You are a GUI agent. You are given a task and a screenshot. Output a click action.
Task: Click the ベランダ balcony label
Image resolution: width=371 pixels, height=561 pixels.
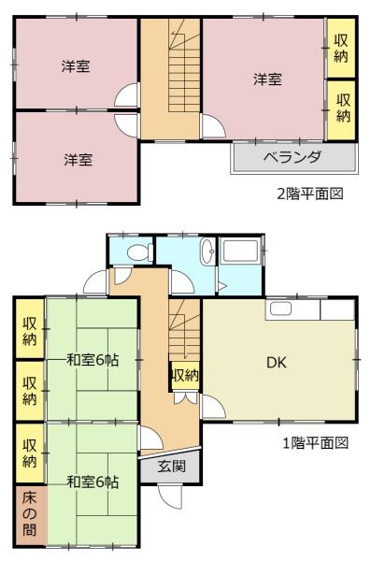click(x=292, y=157)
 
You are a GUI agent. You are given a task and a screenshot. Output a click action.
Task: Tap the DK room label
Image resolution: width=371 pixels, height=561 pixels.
click(x=277, y=363)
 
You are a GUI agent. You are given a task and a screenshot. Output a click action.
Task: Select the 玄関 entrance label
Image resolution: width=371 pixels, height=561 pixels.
click(x=172, y=466)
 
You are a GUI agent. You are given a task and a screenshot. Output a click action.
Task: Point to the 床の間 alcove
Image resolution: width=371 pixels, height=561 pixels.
click(x=30, y=513)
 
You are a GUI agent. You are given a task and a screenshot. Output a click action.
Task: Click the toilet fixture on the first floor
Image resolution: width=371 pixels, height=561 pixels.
click(x=140, y=252)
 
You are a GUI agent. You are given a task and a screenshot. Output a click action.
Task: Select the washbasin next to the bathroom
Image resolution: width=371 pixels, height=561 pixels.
click(x=207, y=252)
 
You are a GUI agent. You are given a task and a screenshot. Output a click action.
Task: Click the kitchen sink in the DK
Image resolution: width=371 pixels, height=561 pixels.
click(x=280, y=309)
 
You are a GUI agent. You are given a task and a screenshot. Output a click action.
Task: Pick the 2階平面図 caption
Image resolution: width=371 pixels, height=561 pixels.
click(x=310, y=194)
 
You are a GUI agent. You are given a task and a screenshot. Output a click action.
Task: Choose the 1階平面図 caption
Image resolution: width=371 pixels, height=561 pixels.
click(x=316, y=443)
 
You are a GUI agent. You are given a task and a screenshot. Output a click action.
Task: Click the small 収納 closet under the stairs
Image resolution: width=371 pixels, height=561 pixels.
click(x=185, y=376)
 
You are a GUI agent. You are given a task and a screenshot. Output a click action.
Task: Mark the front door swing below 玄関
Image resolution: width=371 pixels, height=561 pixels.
click(x=170, y=496)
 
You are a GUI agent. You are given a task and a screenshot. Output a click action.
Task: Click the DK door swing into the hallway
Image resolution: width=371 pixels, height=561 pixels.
click(x=214, y=406)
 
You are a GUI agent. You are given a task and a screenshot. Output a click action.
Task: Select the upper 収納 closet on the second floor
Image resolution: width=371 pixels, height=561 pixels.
click(x=341, y=48)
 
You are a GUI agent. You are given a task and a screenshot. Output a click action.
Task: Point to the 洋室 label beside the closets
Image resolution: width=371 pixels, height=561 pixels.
click(x=267, y=79)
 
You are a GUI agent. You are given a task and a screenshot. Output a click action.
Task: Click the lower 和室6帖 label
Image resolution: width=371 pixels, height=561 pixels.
click(x=93, y=482)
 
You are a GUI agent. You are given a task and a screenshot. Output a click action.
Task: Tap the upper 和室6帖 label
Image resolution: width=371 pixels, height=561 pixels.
click(x=93, y=360)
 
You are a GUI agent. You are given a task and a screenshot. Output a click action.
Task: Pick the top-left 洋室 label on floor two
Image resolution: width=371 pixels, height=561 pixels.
click(x=76, y=66)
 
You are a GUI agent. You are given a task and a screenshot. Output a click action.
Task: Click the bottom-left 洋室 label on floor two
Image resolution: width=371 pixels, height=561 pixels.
click(x=78, y=160)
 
